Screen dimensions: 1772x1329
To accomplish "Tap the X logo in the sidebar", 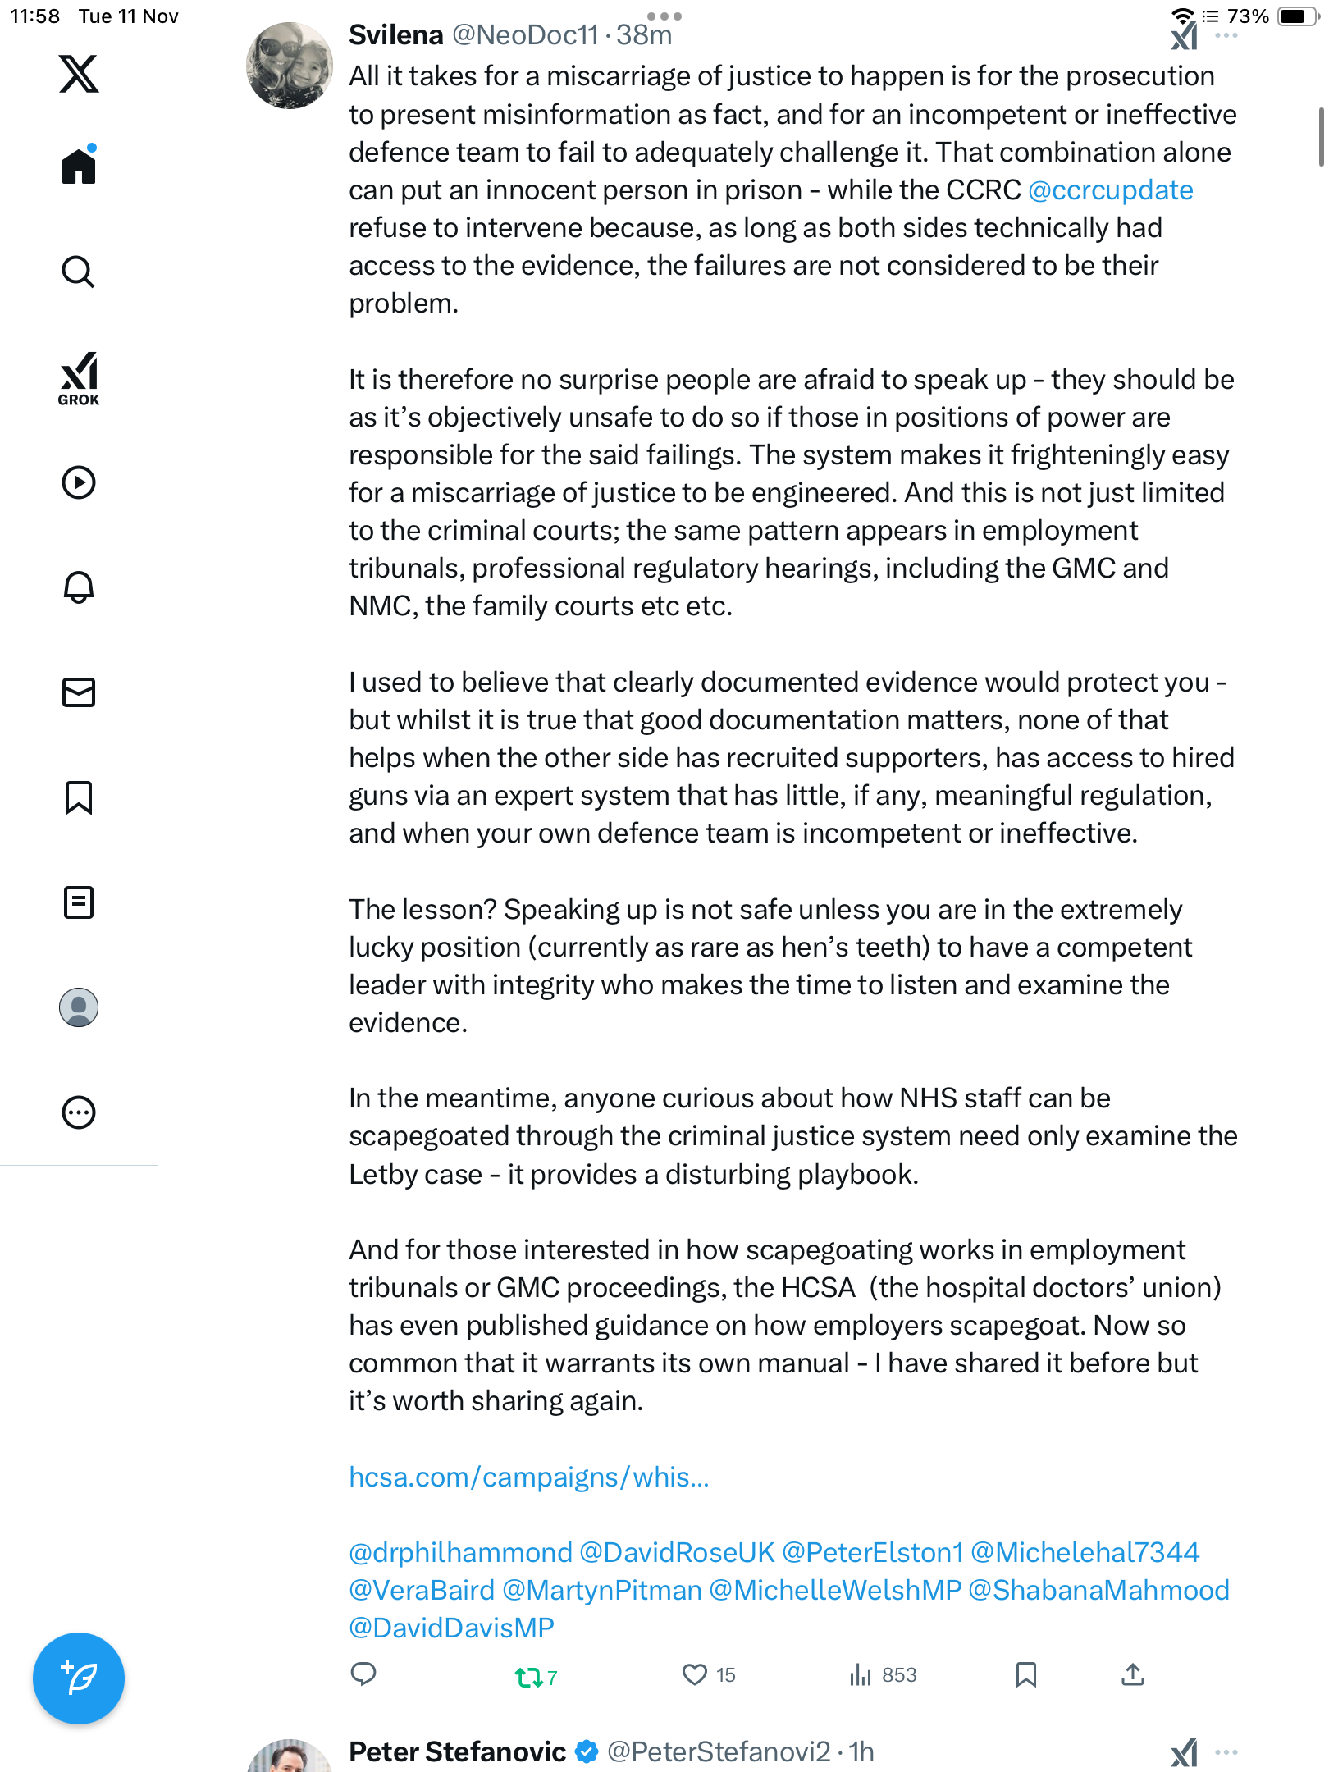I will pyautogui.click(x=79, y=74).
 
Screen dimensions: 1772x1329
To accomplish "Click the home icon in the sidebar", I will pyautogui.click(x=79, y=166).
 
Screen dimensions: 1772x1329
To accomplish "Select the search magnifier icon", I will pyautogui.click(x=79, y=272).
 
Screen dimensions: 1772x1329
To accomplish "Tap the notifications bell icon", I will pyautogui.click(x=79, y=587).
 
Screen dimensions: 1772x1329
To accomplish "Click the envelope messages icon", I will pyautogui.click(x=79, y=692).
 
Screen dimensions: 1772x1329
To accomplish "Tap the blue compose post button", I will pyautogui.click(x=79, y=1678).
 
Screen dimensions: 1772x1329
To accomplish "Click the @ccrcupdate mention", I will pyautogui.click(x=1111, y=190).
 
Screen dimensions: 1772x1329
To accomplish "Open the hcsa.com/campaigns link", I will pyautogui.click(x=529, y=1477).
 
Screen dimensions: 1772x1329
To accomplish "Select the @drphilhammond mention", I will pyautogui.click(x=460, y=1552).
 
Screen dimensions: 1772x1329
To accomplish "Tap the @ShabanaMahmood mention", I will pyautogui.click(x=1098, y=1590).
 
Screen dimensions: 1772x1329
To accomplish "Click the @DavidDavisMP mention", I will pyautogui.click(x=452, y=1628).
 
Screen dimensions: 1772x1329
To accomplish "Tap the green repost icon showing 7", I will pyautogui.click(x=529, y=1677).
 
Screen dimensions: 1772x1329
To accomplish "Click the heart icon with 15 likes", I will pyautogui.click(x=695, y=1674).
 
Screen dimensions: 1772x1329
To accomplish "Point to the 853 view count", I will pyautogui.click(x=898, y=1674).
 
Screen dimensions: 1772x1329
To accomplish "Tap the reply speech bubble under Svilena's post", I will pyautogui.click(x=363, y=1674).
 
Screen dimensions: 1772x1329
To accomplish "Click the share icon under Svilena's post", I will pyautogui.click(x=1133, y=1674).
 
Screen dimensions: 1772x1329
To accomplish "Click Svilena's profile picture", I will pyautogui.click(x=290, y=66).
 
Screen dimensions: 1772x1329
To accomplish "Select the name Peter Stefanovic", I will pyautogui.click(x=457, y=1751).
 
